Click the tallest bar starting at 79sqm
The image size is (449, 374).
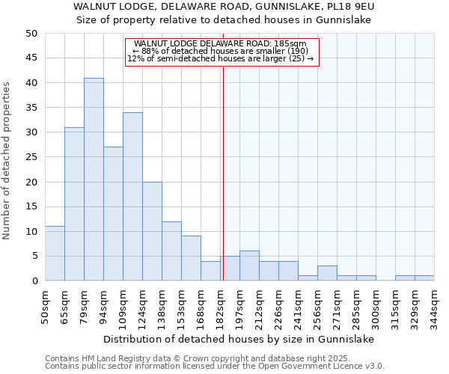[x=94, y=180]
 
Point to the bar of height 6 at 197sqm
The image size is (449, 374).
[x=249, y=266]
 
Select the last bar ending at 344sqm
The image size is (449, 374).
[x=424, y=278]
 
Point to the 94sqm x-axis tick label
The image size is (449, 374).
[x=104, y=305]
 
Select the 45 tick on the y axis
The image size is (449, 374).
[x=31, y=58]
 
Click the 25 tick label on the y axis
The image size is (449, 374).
[x=31, y=157]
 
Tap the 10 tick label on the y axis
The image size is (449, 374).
[x=31, y=232]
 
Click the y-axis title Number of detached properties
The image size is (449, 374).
[x=7, y=160]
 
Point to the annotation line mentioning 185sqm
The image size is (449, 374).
[x=222, y=44]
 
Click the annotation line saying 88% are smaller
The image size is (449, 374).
[x=222, y=51]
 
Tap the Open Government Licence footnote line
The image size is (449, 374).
[x=215, y=367]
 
